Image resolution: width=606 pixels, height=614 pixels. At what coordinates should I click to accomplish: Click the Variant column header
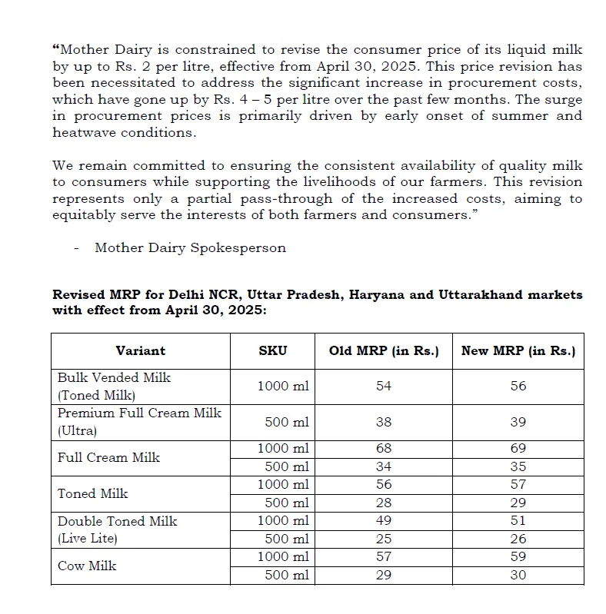[140, 350]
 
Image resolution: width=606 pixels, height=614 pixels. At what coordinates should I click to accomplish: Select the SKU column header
[272, 350]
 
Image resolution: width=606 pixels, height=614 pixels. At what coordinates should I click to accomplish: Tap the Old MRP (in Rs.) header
[384, 350]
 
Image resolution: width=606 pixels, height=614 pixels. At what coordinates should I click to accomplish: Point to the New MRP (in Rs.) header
[518, 350]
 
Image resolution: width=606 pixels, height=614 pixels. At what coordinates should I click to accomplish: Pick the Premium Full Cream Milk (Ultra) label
[138, 422]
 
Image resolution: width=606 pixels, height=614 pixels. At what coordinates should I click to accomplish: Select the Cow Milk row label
[87, 566]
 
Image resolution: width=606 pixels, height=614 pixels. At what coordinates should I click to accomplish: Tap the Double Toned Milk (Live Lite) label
[117, 529]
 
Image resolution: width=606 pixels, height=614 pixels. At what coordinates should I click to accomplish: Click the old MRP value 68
[384, 448]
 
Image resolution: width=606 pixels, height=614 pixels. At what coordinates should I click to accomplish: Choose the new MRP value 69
[518, 448]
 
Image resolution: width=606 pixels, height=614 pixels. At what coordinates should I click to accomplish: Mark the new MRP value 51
[518, 521]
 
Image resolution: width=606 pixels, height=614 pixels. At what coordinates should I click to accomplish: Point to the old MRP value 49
[384, 521]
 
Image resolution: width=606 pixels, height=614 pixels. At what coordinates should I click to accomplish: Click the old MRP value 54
[384, 386]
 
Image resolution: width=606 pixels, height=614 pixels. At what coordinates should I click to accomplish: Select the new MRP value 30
[518, 575]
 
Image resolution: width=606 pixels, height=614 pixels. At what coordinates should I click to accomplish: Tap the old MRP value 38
[384, 422]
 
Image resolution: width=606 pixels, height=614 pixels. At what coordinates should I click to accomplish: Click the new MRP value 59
[518, 556]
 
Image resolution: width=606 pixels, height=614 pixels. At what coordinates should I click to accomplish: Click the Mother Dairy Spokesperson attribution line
[190, 247]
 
